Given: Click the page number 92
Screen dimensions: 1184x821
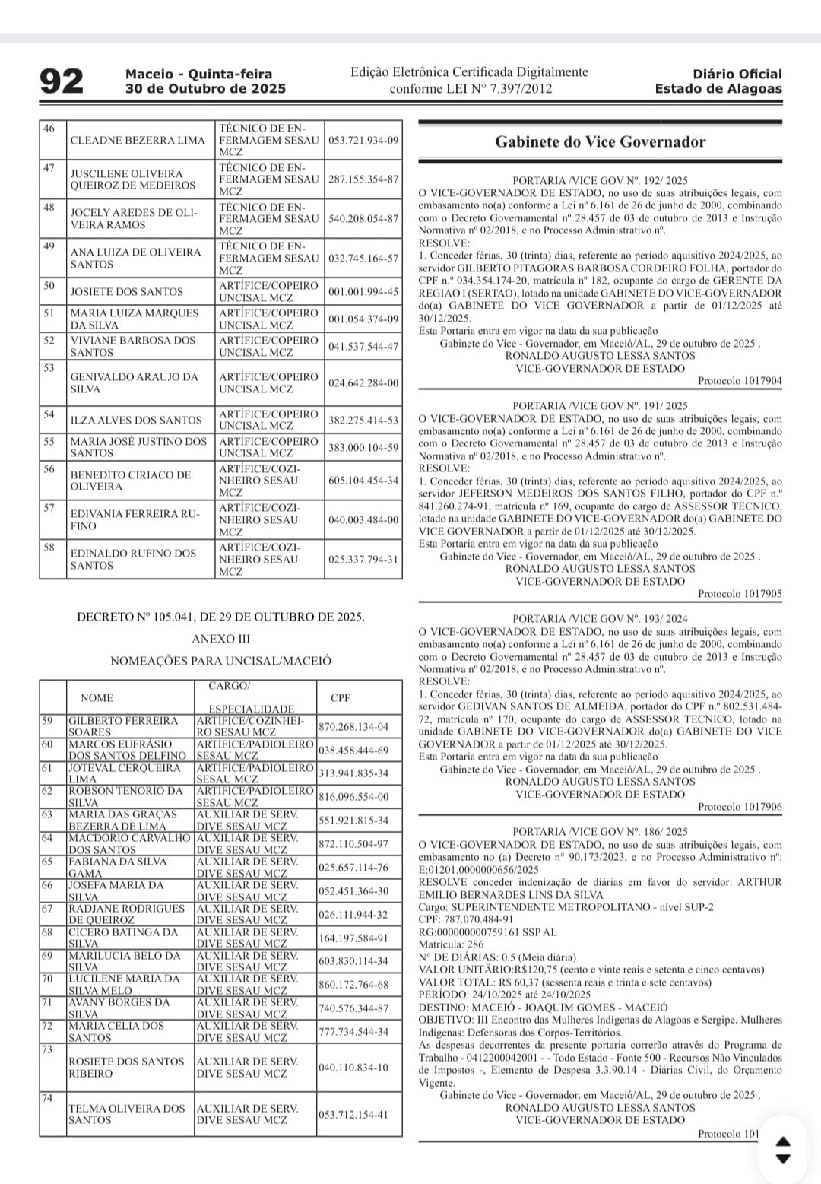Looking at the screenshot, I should pyautogui.click(x=62, y=81).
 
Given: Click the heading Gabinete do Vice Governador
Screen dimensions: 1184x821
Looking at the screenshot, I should pyautogui.click(x=600, y=141).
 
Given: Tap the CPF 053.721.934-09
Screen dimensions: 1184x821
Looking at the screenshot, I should pyautogui.click(x=363, y=141).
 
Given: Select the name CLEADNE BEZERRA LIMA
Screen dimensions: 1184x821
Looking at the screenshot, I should pyautogui.click(x=138, y=141).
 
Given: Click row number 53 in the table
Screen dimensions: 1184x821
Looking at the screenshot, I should pyautogui.click(x=49, y=368).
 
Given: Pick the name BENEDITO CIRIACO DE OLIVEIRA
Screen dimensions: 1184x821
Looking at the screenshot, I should pyautogui.click(x=130, y=481).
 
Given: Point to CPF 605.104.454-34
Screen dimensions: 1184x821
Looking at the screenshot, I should pyautogui.click(x=363, y=481).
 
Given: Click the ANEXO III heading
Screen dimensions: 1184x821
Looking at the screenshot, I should pyautogui.click(x=220, y=639).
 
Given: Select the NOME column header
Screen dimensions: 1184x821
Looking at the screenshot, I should pyautogui.click(x=97, y=697).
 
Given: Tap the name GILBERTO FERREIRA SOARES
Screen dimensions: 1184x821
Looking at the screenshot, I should pyautogui.click(x=123, y=726).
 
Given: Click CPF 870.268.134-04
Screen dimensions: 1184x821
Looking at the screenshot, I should pyautogui.click(x=353, y=727).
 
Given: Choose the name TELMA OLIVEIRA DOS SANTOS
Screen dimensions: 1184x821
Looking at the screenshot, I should pyautogui.click(x=126, y=1114).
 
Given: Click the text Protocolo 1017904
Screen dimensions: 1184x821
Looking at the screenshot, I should pyautogui.click(x=740, y=381).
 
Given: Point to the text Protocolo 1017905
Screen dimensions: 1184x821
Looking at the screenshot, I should pyautogui.click(x=740, y=594).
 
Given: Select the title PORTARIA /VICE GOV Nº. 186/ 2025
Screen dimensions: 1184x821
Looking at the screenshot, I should pyautogui.click(x=600, y=832).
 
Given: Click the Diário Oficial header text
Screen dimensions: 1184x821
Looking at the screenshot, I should pyautogui.click(x=737, y=75).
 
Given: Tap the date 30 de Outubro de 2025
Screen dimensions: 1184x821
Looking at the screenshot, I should pyautogui.click(x=205, y=88).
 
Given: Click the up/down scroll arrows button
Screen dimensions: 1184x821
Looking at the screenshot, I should pyautogui.click(x=782, y=1149).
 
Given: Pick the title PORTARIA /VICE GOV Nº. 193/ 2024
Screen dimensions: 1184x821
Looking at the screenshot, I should pyautogui.click(x=600, y=619).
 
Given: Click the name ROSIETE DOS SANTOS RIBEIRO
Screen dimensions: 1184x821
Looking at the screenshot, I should pyautogui.click(x=126, y=1067).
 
